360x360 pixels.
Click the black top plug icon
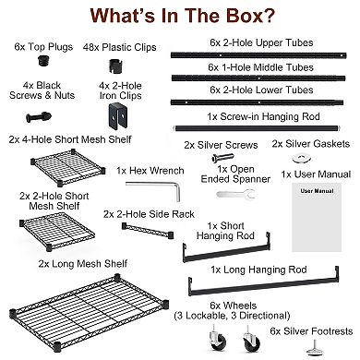click(45, 60)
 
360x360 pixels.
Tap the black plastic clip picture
click(116, 66)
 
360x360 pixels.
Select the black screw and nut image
click(39, 117)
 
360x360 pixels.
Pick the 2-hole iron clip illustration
click(117, 116)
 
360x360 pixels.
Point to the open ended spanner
click(235, 194)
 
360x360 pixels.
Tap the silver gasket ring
click(301, 159)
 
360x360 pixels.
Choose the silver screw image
click(223, 158)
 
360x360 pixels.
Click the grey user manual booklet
click(317, 217)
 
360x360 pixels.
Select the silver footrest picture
click(317, 348)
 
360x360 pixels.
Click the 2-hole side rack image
click(148, 231)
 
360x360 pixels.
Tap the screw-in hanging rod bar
click(258, 128)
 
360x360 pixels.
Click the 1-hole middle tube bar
click(258, 78)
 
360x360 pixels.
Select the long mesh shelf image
click(89, 313)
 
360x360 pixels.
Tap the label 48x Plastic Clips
click(119, 48)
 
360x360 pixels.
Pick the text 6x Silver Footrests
click(311, 331)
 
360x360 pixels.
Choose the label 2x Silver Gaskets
click(311, 144)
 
